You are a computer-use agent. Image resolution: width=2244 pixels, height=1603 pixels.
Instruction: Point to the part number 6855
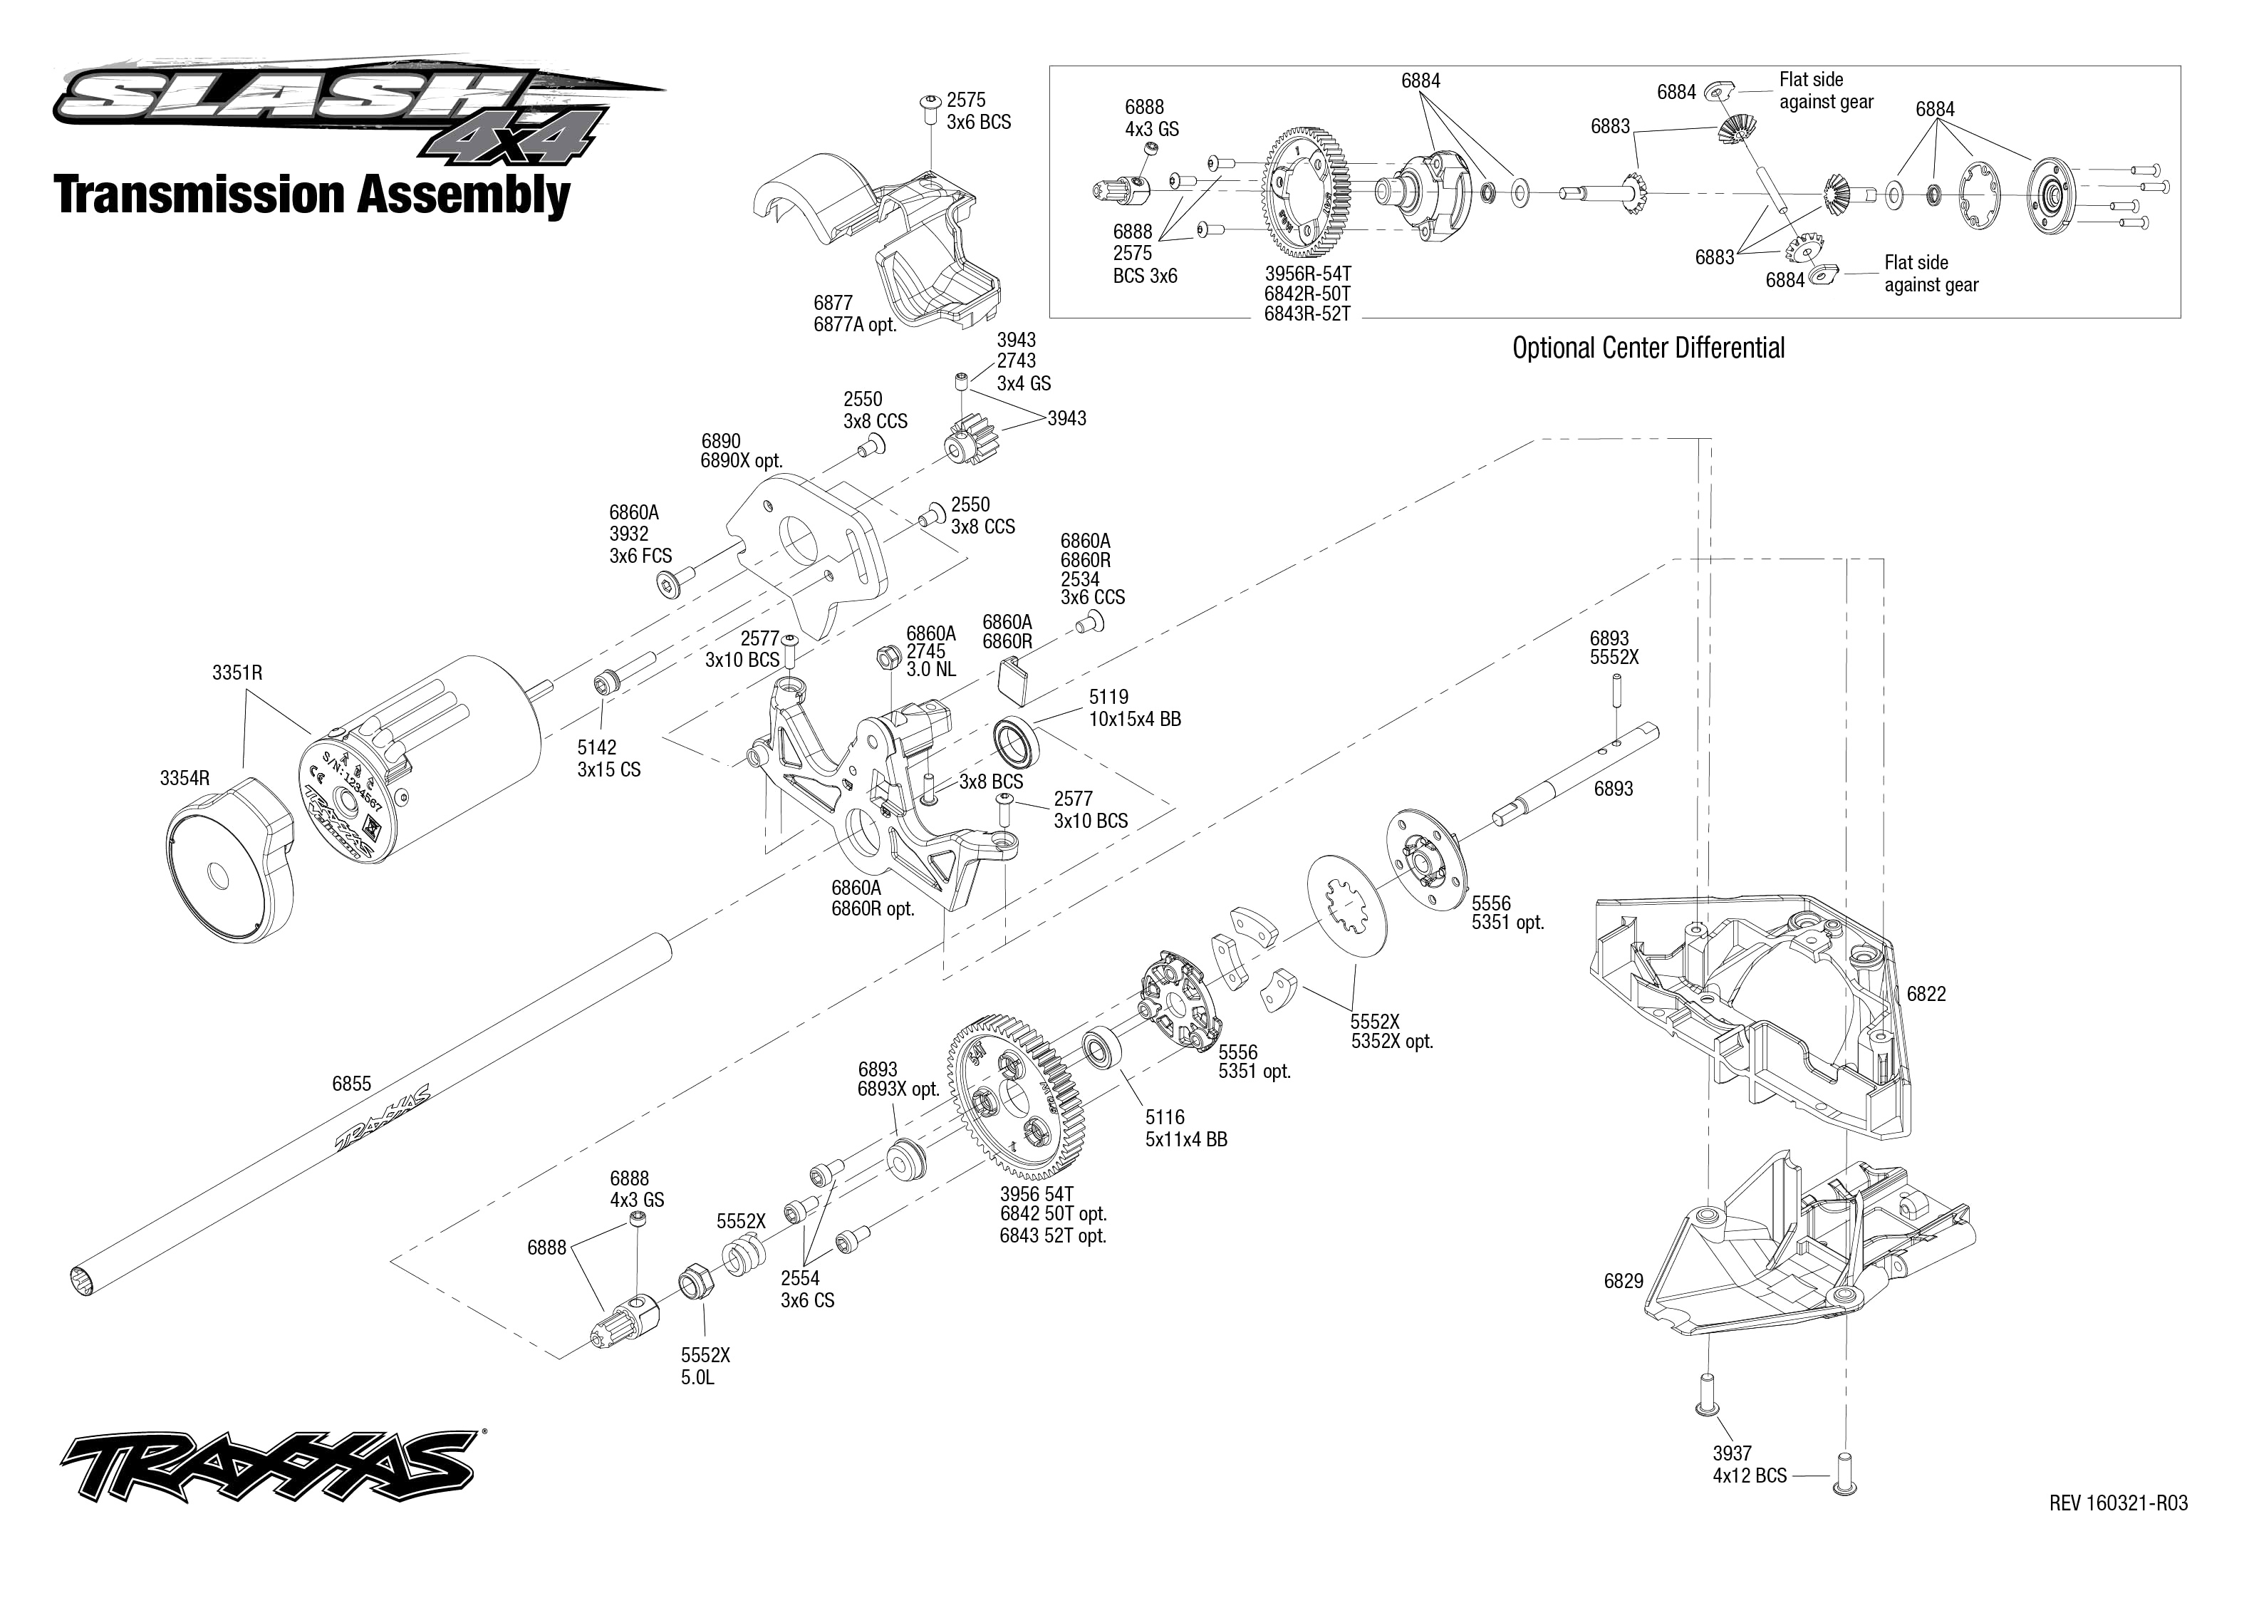tap(351, 1084)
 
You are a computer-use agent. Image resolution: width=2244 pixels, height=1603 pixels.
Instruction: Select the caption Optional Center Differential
tap(1648, 348)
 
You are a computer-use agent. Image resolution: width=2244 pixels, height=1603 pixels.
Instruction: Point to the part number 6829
tap(1624, 1281)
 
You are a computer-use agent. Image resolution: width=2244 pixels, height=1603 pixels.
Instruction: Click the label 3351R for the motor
tap(237, 673)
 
